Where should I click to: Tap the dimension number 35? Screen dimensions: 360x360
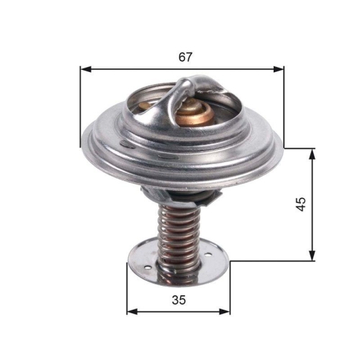click(179, 300)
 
